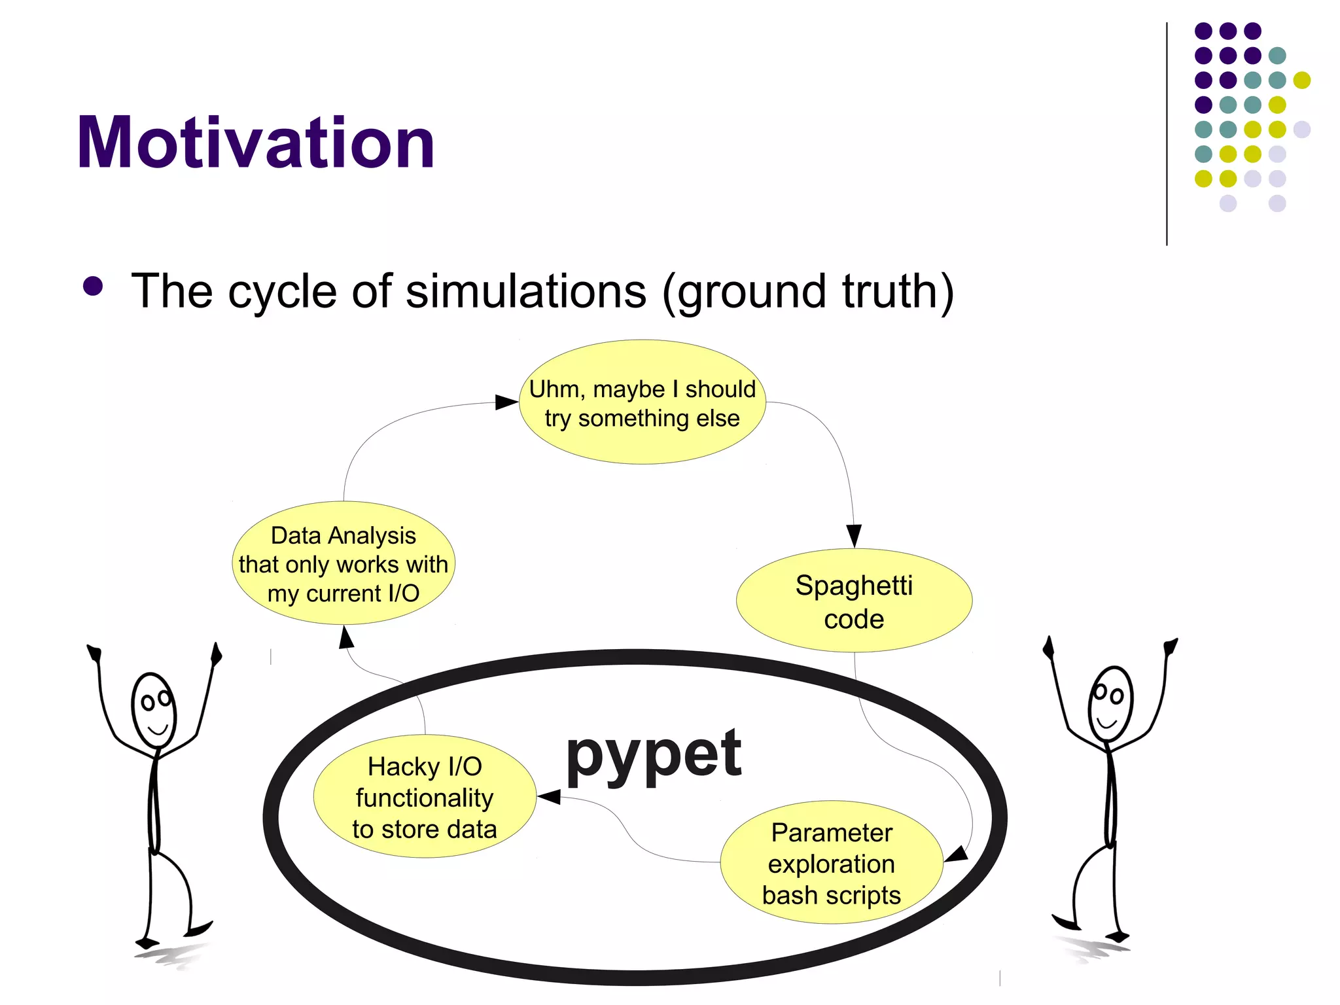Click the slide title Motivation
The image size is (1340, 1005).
pyautogui.click(x=255, y=143)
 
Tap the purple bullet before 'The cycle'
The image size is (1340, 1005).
pyautogui.click(x=94, y=287)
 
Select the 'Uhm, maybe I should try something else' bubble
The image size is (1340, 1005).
pyautogui.click(x=642, y=402)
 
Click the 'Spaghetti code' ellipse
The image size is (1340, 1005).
pyautogui.click(x=854, y=601)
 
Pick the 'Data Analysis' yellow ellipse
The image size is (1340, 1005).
pyautogui.click(x=343, y=563)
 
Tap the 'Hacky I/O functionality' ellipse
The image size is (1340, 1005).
pyautogui.click(x=425, y=797)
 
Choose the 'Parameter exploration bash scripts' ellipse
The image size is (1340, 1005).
pyautogui.click(x=831, y=862)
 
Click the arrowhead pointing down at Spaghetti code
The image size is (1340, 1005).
pyautogui.click(x=854, y=535)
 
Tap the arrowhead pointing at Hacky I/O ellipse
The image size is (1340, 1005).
pyautogui.click(x=549, y=796)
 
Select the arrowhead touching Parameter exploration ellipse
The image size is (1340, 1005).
pyautogui.click(x=957, y=854)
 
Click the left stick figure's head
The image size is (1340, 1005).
pyautogui.click(x=154, y=710)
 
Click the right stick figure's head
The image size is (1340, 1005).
pyautogui.click(x=1110, y=703)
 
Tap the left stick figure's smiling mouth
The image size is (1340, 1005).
pyautogui.click(x=158, y=728)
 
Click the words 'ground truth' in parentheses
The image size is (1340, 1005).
pyautogui.click(x=808, y=291)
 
